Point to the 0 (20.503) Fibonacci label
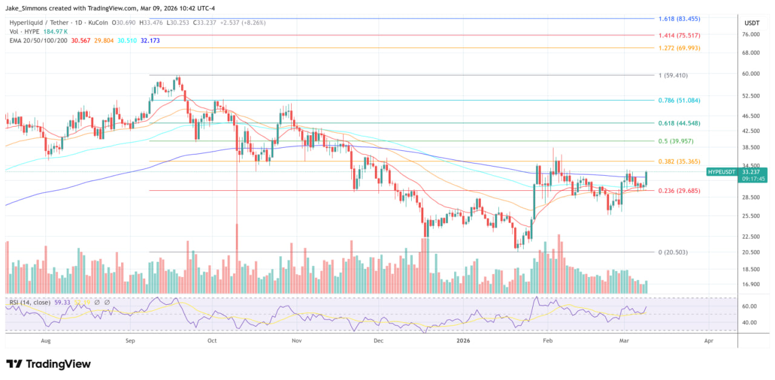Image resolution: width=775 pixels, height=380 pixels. pyautogui.click(x=673, y=252)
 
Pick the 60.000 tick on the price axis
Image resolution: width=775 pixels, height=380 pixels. pyautogui.click(x=751, y=74)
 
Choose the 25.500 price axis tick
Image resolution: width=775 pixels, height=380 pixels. pyautogui.click(x=751, y=216)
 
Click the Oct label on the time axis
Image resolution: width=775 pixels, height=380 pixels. pyautogui.click(x=212, y=341)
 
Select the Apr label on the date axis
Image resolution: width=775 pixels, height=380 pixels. pyautogui.click(x=708, y=341)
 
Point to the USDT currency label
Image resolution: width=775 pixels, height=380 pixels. pyautogui.click(x=751, y=23)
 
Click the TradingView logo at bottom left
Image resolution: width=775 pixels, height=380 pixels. pyautogui.click(x=48, y=364)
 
